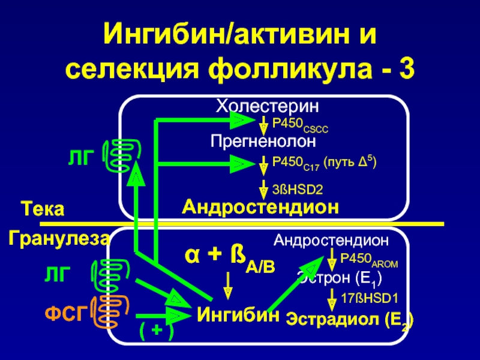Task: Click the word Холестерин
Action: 267,107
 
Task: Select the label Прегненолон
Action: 263,142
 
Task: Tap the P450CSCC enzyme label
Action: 301,126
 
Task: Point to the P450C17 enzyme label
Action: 324,163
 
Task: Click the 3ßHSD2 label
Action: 298,190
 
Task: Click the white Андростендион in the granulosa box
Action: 331,241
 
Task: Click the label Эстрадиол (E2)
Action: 349,319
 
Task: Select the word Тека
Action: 42,211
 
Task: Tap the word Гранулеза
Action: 59,239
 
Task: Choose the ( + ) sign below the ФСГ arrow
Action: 155,331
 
